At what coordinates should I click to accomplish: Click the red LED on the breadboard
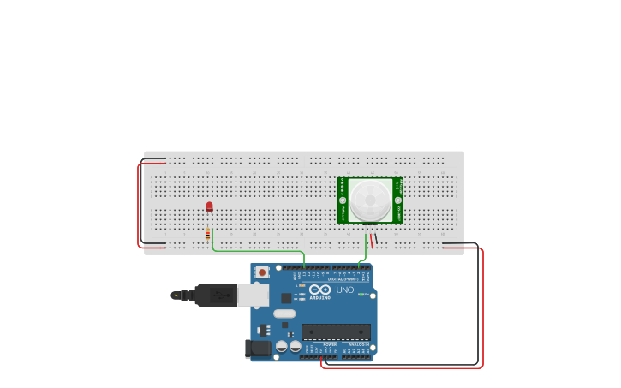[209, 206]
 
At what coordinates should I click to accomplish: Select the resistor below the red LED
[207, 233]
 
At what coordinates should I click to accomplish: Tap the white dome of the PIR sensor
[370, 200]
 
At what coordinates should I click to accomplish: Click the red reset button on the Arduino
[262, 272]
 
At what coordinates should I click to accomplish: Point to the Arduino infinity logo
[320, 290]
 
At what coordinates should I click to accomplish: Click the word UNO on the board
[344, 290]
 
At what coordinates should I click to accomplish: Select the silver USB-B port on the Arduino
[254, 295]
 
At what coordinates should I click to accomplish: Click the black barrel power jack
[258, 348]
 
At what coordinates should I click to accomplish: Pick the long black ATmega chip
[336, 331]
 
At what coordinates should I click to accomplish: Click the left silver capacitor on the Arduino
[282, 346]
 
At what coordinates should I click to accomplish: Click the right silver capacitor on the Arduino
[296, 346]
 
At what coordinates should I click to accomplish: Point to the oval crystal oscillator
[284, 313]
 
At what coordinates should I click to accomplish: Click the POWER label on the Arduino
[330, 344]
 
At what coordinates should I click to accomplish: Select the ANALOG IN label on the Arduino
[359, 344]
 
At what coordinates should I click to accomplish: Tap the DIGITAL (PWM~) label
[343, 278]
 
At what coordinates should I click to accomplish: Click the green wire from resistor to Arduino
[257, 251]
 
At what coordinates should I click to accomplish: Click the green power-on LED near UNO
[362, 295]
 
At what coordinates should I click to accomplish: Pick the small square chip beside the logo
[286, 298]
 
